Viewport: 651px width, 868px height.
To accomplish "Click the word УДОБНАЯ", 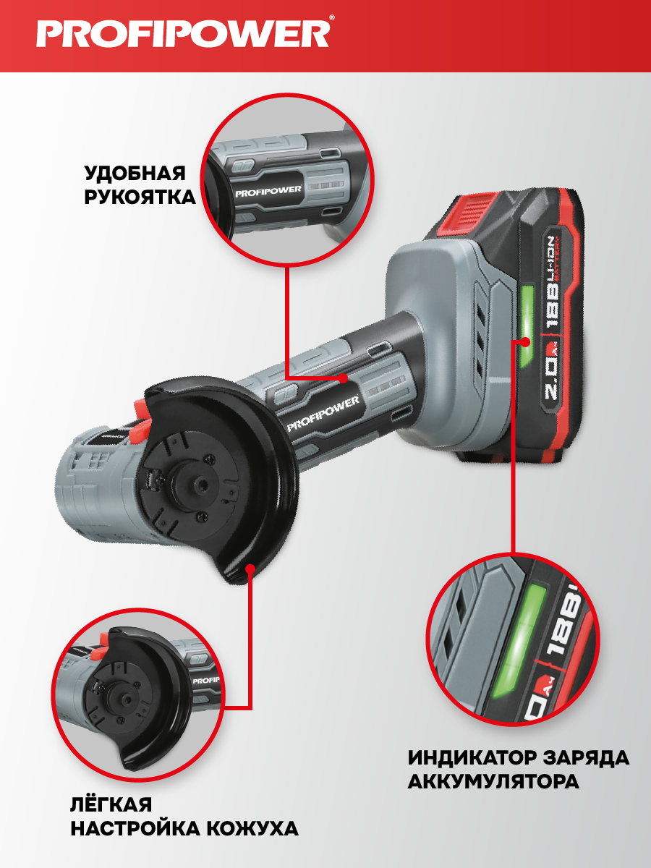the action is [135, 173].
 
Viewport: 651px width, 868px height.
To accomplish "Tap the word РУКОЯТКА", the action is [140, 197].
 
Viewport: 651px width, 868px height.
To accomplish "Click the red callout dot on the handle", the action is [344, 378].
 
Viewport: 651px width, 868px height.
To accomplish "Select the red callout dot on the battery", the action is [525, 341].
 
